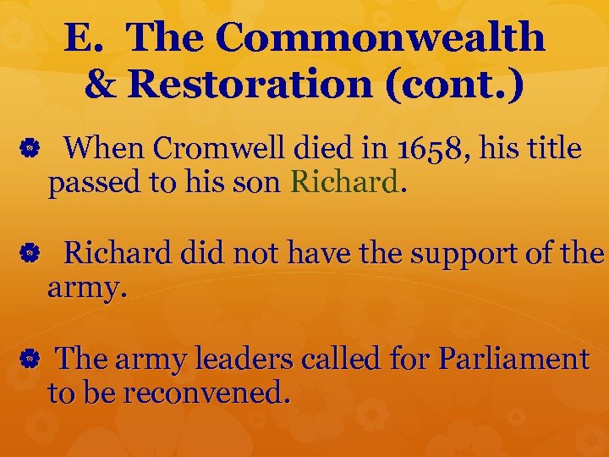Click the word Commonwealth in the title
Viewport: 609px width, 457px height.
(381, 37)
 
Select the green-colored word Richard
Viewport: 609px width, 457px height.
(343, 181)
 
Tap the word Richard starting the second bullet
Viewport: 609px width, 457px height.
(116, 253)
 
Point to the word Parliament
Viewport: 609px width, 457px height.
(513, 359)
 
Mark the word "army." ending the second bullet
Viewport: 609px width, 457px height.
(87, 288)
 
